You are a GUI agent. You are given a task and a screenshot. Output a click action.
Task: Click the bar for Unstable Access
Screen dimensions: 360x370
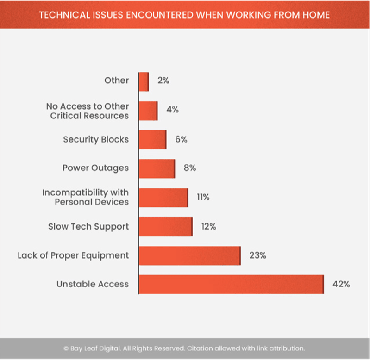(231, 284)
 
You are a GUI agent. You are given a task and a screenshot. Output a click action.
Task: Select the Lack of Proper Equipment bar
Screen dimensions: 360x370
(189, 255)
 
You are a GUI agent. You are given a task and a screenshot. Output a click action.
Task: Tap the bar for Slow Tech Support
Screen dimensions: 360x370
(165, 227)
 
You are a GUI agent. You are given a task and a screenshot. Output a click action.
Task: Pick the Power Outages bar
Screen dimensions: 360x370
(157, 168)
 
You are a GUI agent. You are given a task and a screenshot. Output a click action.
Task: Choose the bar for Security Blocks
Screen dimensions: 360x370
(152, 139)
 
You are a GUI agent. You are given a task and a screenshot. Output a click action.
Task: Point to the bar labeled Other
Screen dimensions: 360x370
(144, 81)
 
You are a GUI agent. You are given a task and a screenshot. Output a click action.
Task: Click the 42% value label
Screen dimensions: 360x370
(341, 284)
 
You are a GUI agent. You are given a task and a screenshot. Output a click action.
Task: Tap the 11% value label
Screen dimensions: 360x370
(203, 198)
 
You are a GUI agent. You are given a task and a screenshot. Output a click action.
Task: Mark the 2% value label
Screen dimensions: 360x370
(163, 81)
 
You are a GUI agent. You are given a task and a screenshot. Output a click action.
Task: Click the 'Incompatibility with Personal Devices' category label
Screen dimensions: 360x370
(85, 197)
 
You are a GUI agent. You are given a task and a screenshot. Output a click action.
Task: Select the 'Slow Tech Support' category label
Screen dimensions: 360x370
(88, 227)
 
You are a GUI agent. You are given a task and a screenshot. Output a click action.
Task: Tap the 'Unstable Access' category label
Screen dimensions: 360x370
(93, 284)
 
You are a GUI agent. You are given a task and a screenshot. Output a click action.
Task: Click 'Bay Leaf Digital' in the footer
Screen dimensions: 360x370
(92, 348)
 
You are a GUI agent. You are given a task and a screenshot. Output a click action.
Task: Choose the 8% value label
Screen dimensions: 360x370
(189, 168)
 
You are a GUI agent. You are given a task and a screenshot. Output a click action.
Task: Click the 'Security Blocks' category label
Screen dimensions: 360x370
(96, 139)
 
